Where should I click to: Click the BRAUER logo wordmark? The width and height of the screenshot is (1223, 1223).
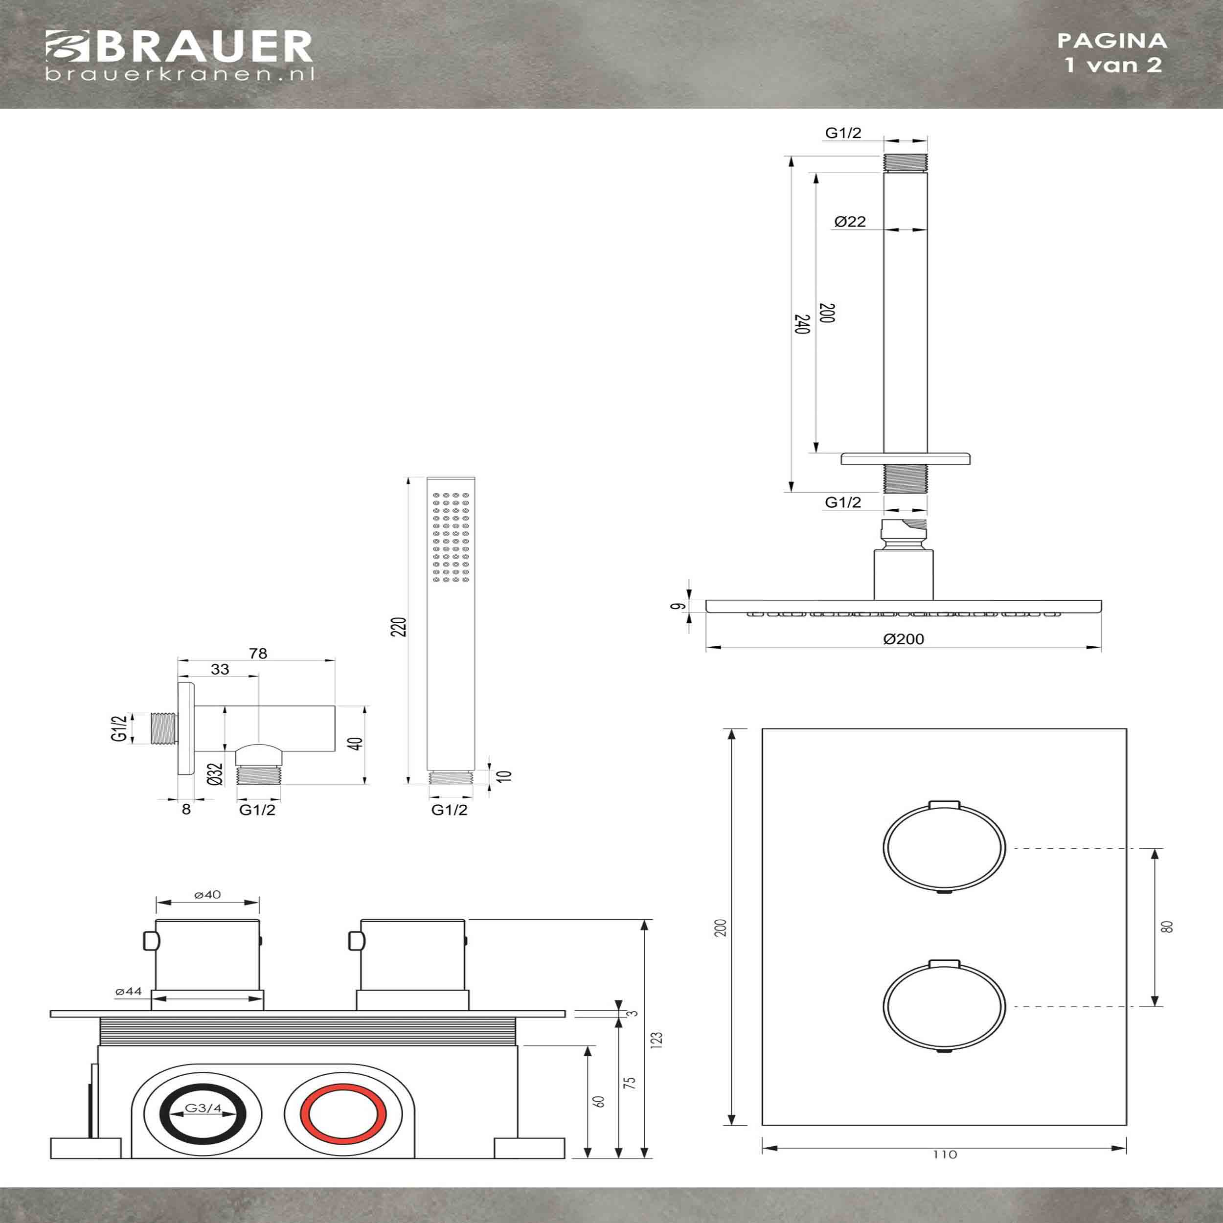click(179, 47)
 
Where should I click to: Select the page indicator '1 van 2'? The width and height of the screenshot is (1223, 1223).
click(1113, 65)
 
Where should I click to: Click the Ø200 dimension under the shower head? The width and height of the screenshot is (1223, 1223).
click(904, 639)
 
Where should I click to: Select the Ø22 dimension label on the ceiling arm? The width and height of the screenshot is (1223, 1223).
click(850, 222)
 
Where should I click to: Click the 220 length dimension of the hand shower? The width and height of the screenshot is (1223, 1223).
click(399, 626)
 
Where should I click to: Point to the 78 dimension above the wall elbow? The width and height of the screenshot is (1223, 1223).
click(258, 653)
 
